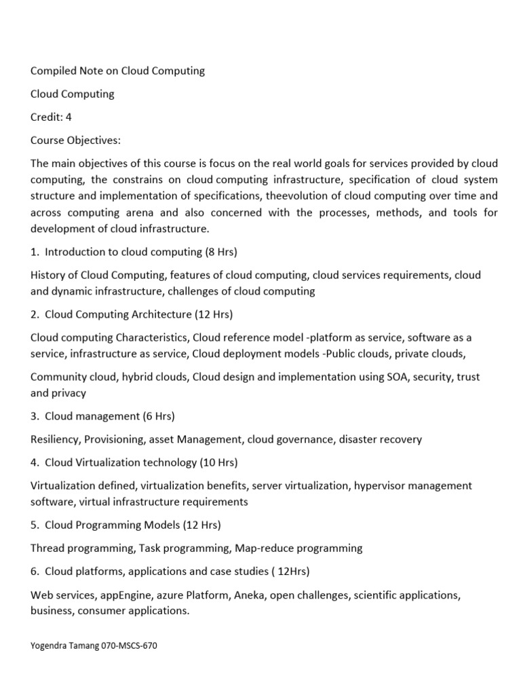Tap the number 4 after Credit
pyautogui.click(x=69, y=117)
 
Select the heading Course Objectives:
pyautogui.click(x=75, y=140)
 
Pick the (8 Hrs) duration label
pyautogui.click(x=221, y=252)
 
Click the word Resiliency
pyautogui.click(x=56, y=439)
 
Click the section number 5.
pyautogui.click(x=34, y=525)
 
